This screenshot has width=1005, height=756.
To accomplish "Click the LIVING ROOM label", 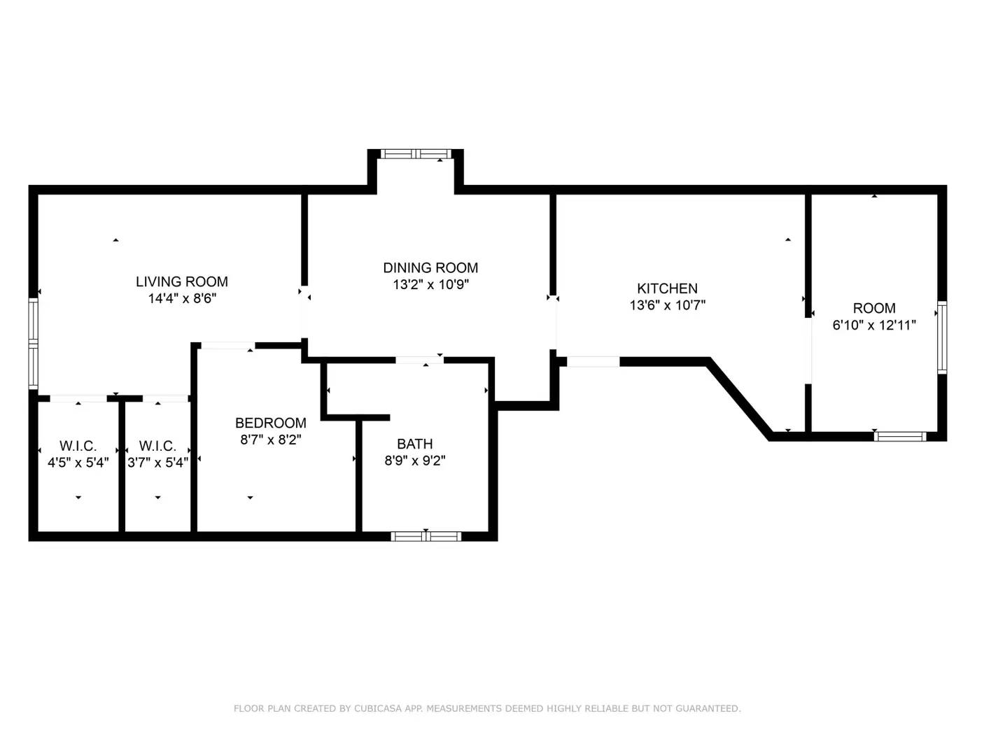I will tap(181, 281).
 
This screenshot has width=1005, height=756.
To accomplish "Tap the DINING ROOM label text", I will tap(430, 267).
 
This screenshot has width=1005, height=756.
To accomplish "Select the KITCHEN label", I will tap(667, 288).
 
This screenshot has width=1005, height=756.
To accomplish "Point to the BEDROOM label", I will tap(270, 423).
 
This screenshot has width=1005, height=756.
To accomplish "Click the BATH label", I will tap(414, 444).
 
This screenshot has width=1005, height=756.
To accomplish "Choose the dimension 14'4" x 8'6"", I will tap(181, 299).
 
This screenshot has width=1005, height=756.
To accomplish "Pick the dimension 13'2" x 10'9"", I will tap(430, 285).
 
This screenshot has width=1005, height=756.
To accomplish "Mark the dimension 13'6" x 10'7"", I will tap(667, 305).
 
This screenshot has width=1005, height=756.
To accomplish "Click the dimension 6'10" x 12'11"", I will tap(874, 325).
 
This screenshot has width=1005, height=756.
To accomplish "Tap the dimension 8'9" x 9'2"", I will tap(414, 461).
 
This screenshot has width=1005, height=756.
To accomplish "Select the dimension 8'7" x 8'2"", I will tap(270, 440).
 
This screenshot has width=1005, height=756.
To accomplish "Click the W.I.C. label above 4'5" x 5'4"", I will tap(78, 446).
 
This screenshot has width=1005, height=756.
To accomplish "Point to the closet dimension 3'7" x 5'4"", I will tap(157, 463).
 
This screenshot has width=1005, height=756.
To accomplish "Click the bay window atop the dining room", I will tap(416, 154).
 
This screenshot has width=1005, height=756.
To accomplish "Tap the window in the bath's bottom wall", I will tap(426, 536).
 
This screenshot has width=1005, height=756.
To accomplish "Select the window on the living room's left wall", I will tap(33, 343).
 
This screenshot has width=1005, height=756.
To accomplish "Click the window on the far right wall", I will tap(942, 337).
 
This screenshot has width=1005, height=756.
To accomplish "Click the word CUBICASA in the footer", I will tap(377, 708).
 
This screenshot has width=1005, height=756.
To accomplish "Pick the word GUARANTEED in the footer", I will tap(707, 708).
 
